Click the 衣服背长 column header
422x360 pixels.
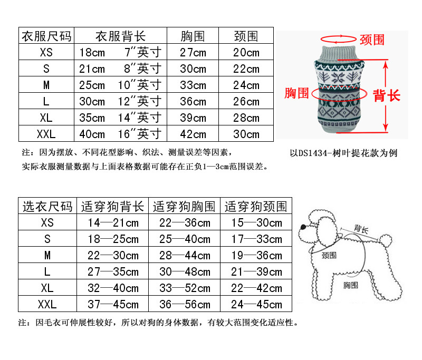point(120,36)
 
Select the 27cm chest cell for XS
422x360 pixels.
point(193,53)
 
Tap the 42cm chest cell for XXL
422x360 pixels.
point(193,134)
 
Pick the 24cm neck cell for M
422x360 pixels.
point(246,85)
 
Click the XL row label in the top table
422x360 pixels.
point(46,118)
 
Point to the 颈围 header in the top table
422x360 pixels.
point(246,36)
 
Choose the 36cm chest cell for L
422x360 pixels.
point(193,102)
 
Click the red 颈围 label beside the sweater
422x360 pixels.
point(372,40)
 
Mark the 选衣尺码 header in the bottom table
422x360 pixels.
point(47,206)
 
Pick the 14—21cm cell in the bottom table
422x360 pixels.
point(113,222)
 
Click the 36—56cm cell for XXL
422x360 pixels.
point(185,304)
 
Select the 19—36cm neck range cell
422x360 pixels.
point(256,255)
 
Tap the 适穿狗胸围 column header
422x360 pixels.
point(185,206)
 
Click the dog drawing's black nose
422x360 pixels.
point(301,227)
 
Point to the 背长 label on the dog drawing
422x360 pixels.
point(361,229)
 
